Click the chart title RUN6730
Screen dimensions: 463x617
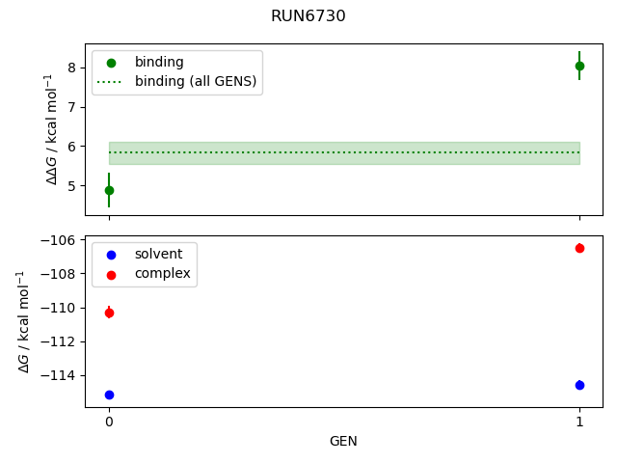tap(308, 16)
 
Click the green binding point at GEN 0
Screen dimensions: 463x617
tap(109, 190)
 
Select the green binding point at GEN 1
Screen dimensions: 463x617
tap(579, 66)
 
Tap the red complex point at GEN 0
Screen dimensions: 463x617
tap(109, 313)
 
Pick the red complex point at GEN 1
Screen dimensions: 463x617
tap(579, 248)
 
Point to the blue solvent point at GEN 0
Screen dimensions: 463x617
tap(109, 395)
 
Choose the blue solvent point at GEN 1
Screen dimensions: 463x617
tap(579, 385)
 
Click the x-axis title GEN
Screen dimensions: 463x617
tap(344, 441)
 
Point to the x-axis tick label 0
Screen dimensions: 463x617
tap(109, 422)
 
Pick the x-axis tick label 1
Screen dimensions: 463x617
tap(579, 422)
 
